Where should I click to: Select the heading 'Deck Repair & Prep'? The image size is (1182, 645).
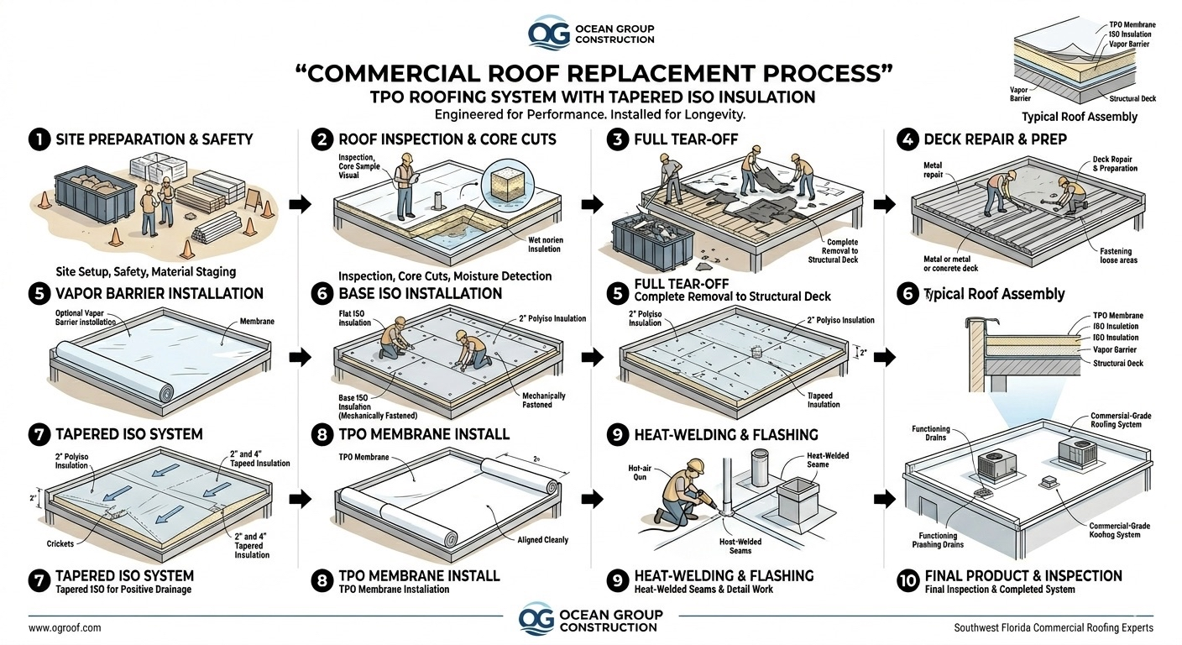pyautogui.click(x=995, y=139)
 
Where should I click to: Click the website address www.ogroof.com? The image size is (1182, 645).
pyautogui.click(x=65, y=627)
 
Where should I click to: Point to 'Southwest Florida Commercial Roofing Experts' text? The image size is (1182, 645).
pyautogui.click(x=1054, y=627)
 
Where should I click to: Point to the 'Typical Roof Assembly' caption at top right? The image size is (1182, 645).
pyautogui.click(x=1079, y=117)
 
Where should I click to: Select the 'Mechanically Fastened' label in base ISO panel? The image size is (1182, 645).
pyautogui.click(x=543, y=400)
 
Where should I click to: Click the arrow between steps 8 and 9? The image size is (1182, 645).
pyautogui.click(x=593, y=499)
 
